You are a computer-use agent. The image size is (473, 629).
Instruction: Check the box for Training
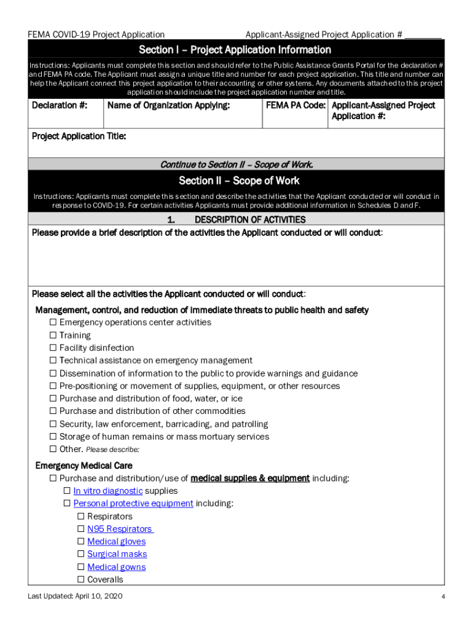tap(53, 335)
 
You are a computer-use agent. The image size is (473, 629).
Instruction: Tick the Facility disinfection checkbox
tap(53, 348)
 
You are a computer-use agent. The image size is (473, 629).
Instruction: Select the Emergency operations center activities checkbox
tap(53, 322)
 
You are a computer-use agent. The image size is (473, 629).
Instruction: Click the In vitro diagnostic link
tap(108, 491)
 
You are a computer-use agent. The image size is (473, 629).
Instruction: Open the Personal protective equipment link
tap(133, 504)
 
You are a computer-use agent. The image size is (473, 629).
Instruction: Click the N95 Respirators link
tap(120, 529)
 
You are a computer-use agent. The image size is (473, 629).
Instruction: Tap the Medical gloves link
tap(116, 542)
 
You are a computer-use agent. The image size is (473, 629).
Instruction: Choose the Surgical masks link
tap(117, 554)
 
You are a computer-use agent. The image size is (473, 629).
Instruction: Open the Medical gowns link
tap(116, 567)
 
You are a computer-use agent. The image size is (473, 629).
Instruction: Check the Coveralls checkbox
tap(81, 580)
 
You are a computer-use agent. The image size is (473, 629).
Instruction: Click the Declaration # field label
tap(59, 106)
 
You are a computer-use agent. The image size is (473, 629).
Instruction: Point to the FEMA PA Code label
tap(295, 106)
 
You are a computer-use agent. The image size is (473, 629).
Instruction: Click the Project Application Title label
tap(79, 136)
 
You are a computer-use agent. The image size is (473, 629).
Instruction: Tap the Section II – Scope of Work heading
tap(239, 181)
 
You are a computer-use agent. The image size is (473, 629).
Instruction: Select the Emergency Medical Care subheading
tap(84, 466)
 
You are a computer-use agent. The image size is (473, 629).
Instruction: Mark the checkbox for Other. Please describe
tap(53, 449)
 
